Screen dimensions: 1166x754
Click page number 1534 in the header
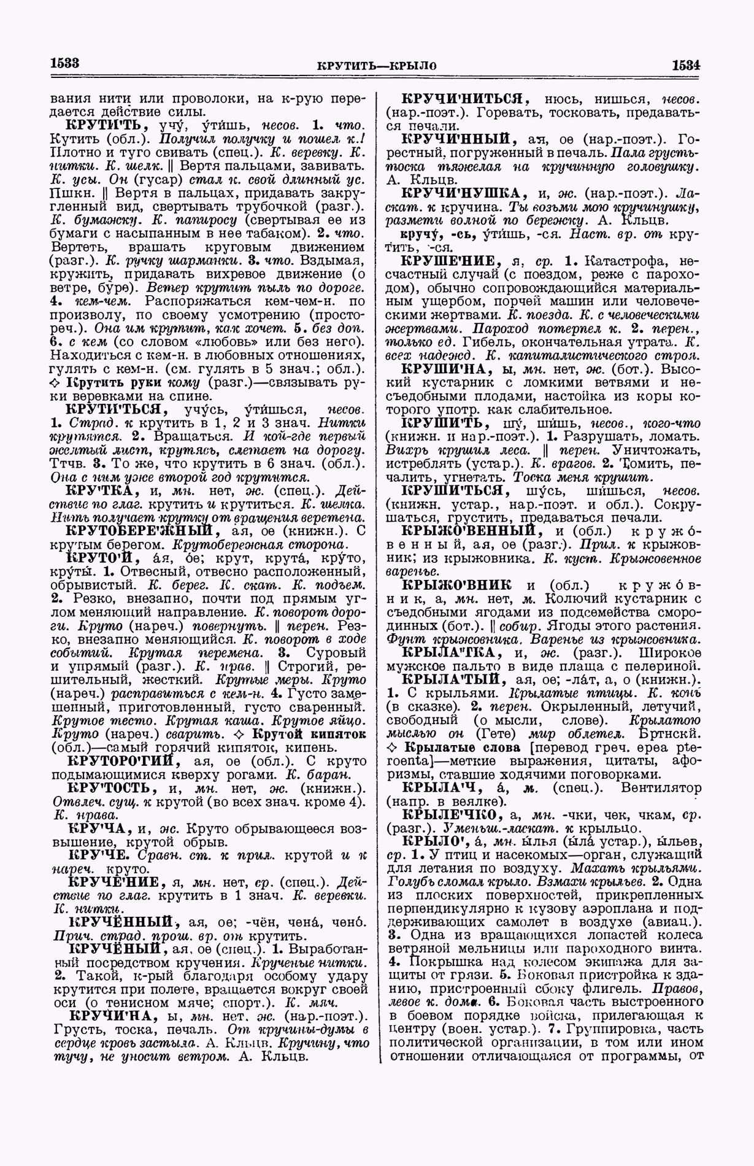686,64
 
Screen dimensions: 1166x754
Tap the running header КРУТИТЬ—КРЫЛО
377,66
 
